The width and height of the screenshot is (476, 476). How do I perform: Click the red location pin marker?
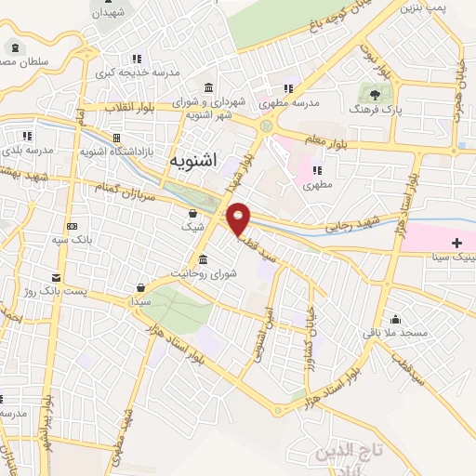click(x=239, y=218)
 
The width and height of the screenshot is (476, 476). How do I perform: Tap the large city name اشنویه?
click(x=192, y=160)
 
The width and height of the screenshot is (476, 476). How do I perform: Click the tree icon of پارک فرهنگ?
click(x=374, y=94)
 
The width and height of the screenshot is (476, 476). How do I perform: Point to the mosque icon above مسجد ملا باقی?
click(x=397, y=317)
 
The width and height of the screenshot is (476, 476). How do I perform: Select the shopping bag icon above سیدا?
click(x=139, y=287)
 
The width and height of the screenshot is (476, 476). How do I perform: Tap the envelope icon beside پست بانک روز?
click(x=57, y=277)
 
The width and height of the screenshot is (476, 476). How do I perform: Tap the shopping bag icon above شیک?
click(x=192, y=213)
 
